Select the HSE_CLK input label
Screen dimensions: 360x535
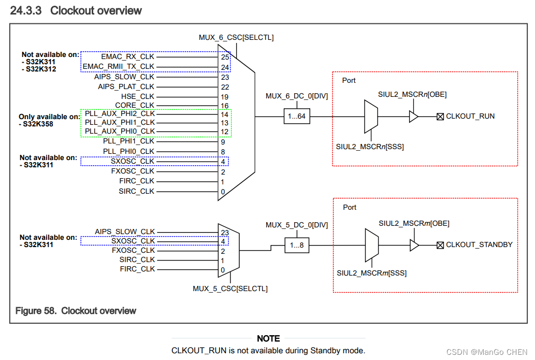(138, 96)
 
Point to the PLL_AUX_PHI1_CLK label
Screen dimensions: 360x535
(120, 122)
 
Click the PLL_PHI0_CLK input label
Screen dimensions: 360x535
(128, 151)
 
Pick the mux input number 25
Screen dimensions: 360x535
(225, 56)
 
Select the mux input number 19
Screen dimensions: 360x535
(225, 96)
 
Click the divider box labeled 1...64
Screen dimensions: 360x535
(297, 116)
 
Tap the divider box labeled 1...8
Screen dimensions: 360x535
(297, 245)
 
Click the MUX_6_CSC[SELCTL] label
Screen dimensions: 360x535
(236, 37)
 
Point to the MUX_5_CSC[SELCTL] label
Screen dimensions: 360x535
(230, 289)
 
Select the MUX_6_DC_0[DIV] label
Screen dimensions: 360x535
(297, 96)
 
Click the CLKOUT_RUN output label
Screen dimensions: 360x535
(470, 116)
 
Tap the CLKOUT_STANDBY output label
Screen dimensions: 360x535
(479, 244)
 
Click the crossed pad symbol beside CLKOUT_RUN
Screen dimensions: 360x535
(440, 117)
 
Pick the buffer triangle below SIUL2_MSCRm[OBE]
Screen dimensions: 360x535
(414, 245)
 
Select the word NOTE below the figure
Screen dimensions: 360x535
(268, 338)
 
